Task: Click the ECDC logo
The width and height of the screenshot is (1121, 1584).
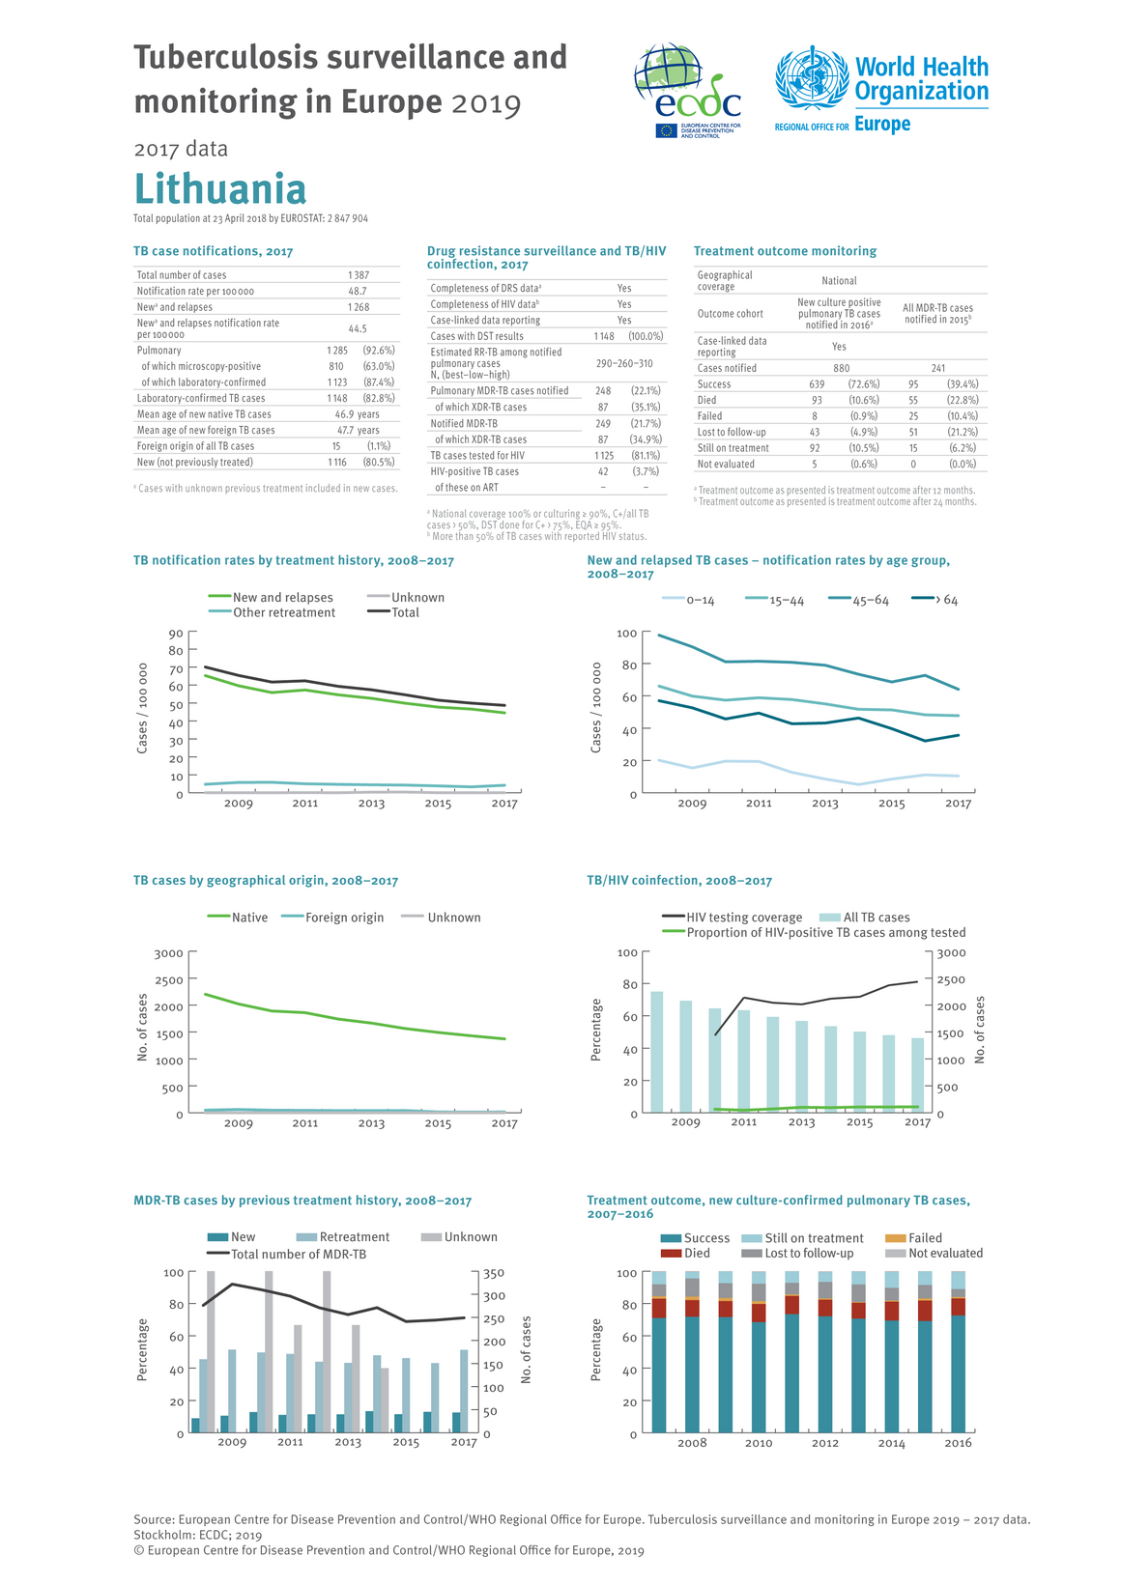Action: [x=687, y=91]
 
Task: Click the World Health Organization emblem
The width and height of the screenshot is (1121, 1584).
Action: [x=812, y=78]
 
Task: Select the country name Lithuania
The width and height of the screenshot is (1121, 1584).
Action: [x=220, y=188]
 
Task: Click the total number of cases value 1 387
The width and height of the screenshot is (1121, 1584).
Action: [x=359, y=275]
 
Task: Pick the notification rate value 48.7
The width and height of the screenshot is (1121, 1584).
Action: [x=358, y=291]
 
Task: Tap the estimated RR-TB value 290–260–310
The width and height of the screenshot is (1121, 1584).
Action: [x=624, y=363]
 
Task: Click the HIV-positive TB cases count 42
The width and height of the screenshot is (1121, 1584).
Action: [x=603, y=471]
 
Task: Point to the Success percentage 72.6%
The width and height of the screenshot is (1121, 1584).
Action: [x=864, y=384]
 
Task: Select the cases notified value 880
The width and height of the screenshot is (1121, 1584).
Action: [x=841, y=368]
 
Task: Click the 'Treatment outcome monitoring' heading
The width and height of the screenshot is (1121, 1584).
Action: [x=785, y=251]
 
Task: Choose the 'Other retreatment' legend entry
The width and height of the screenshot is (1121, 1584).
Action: [x=273, y=612]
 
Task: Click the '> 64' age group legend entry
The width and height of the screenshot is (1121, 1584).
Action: [x=934, y=600]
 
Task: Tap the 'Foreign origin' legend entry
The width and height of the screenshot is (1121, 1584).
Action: [x=332, y=918]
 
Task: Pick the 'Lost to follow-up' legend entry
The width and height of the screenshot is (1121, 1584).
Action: [x=797, y=1253]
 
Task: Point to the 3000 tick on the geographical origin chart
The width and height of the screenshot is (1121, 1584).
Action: [x=169, y=953]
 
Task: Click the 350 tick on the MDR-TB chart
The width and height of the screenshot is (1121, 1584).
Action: [x=494, y=1273]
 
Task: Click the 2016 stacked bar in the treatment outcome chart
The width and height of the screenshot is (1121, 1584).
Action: [x=958, y=1352]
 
